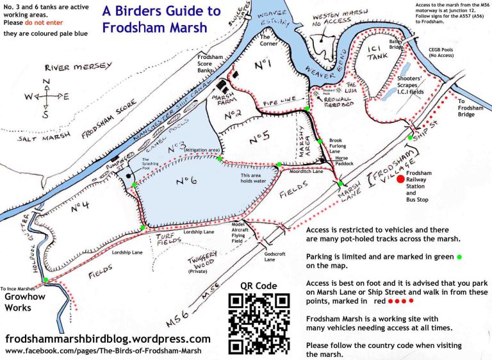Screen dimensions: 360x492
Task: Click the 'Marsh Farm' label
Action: (x=225, y=99)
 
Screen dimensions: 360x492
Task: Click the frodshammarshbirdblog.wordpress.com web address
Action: (x=108, y=338)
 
